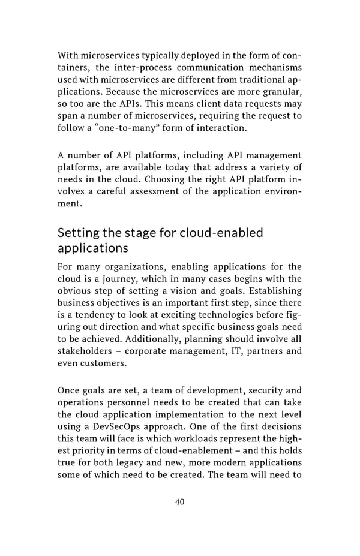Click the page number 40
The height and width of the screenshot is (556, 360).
179,501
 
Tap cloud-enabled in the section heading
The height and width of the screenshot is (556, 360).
227,232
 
